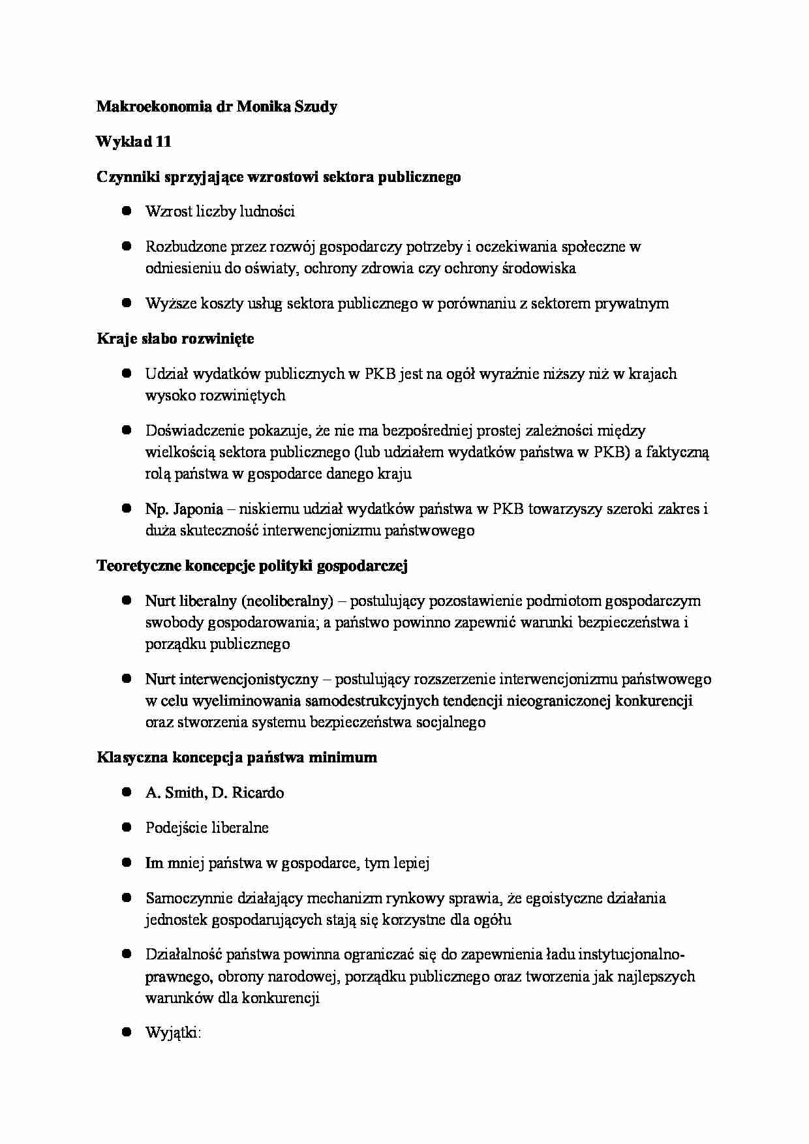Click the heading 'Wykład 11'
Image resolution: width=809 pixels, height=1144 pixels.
click(134, 142)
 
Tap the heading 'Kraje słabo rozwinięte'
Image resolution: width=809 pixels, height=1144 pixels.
click(176, 339)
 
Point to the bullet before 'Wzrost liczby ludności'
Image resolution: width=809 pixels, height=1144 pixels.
click(127, 211)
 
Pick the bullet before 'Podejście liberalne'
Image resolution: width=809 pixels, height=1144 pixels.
click(127, 827)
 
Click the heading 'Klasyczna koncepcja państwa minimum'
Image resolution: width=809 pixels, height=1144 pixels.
click(237, 757)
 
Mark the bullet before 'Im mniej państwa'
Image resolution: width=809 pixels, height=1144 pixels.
click(127, 862)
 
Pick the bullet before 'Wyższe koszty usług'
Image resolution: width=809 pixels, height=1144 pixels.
click(127, 303)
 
